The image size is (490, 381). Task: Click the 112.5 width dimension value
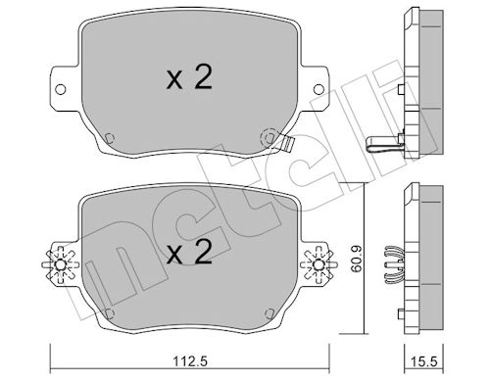tap(190, 361)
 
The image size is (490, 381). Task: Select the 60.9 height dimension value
tap(356, 259)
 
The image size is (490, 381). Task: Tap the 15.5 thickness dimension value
tap(424, 361)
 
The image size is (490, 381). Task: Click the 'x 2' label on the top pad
tap(189, 77)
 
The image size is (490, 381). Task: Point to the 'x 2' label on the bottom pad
tap(189, 253)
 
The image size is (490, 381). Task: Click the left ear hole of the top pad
tap(61, 89)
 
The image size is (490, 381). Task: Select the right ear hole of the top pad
tap(318, 89)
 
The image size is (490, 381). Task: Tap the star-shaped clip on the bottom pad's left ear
tap(61, 264)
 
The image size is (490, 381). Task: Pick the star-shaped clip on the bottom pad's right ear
tap(318, 264)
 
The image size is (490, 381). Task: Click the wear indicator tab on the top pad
tap(288, 144)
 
